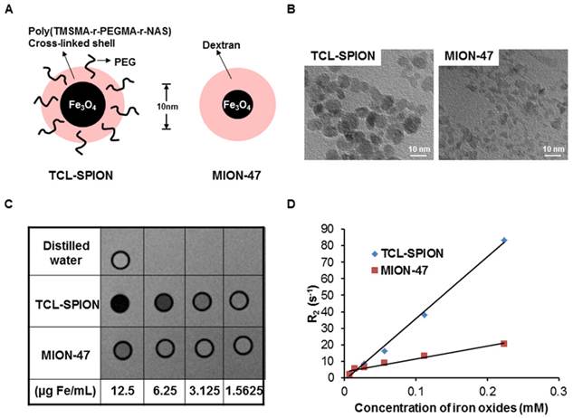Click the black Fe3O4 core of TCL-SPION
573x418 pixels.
pos(83,105)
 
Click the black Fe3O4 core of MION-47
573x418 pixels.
pos(237,105)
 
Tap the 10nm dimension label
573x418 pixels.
pos(167,107)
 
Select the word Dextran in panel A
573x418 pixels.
pos(222,45)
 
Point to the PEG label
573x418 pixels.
pos(125,62)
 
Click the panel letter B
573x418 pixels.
pos(291,9)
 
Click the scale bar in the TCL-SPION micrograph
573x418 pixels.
pos(418,156)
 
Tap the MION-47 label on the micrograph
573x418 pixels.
pos(469,56)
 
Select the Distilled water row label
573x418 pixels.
pos(66,252)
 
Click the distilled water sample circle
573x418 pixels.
pos(120,261)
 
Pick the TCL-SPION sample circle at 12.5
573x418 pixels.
pos(120,303)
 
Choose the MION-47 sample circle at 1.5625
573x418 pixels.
pos(243,346)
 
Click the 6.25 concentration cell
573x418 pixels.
pos(165,391)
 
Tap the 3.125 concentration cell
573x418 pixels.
pos(205,391)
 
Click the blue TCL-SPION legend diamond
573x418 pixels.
pos(374,253)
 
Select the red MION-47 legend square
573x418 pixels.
pos(374,271)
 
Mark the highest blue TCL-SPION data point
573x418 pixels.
pos(504,241)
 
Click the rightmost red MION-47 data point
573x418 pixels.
pos(504,344)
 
